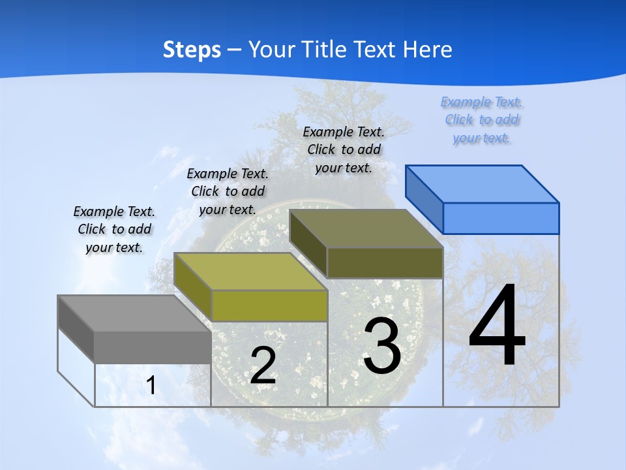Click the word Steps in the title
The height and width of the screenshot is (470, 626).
coord(192,50)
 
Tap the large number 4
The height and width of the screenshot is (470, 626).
coord(497,326)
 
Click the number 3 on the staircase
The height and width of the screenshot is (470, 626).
coord(381,346)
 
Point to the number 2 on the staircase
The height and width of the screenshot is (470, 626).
coord(263,366)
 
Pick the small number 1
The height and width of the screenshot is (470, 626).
coord(151,385)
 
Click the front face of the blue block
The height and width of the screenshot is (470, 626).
coord(501,218)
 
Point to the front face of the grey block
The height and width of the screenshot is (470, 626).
coord(153,347)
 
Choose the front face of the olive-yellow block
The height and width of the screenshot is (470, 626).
coord(269,305)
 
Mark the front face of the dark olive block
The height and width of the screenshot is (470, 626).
coord(385,262)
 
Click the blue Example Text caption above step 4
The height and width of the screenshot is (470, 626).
coord(482,120)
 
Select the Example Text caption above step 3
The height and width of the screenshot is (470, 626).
coord(344,149)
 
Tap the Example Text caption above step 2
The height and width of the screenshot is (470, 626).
coord(228,191)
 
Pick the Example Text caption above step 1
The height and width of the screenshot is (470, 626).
coord(114,229)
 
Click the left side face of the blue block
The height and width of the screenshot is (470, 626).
coord(425,199)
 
